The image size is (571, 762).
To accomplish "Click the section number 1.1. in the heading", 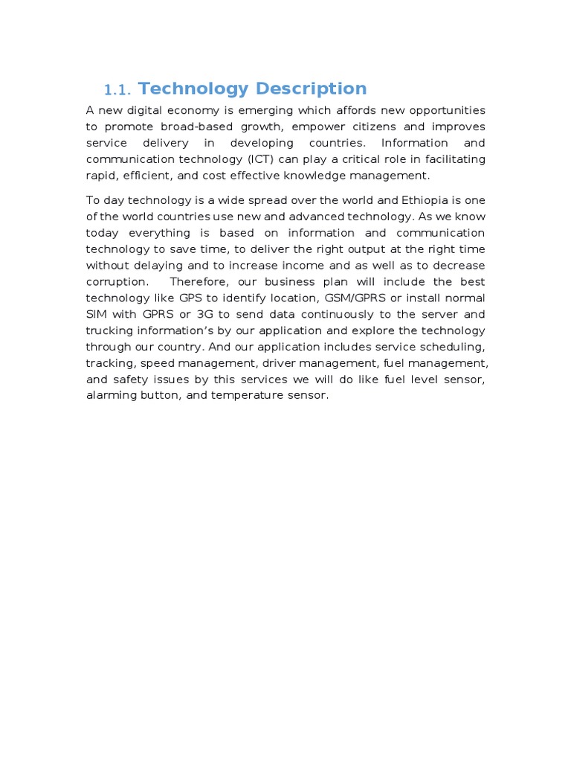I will [x=117, y=90].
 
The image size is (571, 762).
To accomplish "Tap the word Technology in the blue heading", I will [x=193, y=89].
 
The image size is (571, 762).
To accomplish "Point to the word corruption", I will [x=117, y=282].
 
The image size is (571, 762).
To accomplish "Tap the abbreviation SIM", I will [x=97, y=315].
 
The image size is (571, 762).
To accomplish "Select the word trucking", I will [x=110, y=331].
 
